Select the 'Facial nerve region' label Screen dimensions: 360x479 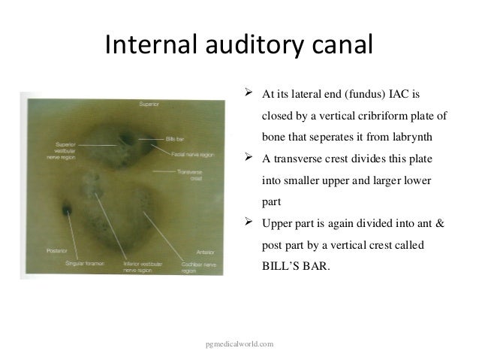(193, 153)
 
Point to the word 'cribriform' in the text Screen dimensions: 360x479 (388, 117)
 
